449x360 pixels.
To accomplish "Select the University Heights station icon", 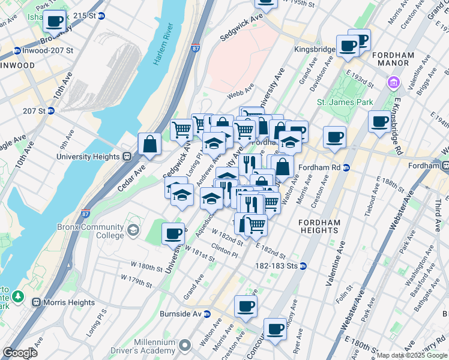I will [x=127, y=156].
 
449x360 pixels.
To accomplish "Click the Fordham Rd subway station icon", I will [x=346, y=167].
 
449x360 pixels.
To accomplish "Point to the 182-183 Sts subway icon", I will [x=303, y=266].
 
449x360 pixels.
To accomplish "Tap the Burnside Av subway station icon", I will [x=207, y=314].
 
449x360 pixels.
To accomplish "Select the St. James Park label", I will [x=345, y=103].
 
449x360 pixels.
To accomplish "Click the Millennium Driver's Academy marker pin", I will [x=184, y=345].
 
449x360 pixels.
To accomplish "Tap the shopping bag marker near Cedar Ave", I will [x=149, y=144].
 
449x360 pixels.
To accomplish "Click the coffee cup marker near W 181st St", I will [x=173, y=233].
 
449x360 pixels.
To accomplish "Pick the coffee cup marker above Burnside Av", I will [x=246, y=306].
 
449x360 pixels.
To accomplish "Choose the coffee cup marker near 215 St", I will [x=54, y=21].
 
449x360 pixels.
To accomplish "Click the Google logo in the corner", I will [x=20, y=353].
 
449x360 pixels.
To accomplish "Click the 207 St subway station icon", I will [x=51, y=111].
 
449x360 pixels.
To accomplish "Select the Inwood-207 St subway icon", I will [x=17, y=51].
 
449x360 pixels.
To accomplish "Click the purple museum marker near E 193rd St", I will [x=393, y=82].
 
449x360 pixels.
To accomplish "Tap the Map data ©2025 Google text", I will [x=412, y=355].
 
